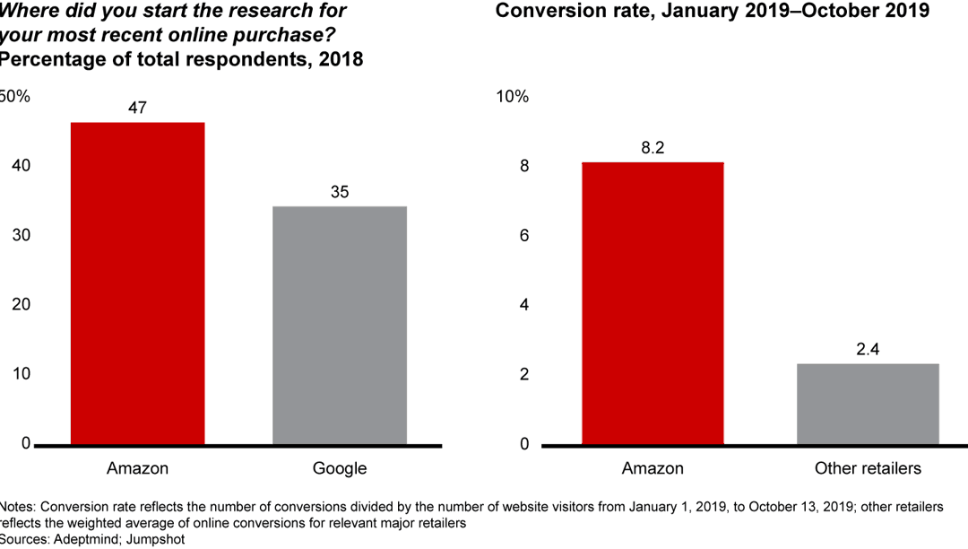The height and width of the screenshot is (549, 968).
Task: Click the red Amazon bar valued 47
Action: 137,283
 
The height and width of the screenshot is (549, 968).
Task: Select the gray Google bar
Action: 340,326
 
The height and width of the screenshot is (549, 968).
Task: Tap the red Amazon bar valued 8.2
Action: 652,303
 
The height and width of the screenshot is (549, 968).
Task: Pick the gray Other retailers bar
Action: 868,404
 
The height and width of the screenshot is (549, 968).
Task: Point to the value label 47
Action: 137,108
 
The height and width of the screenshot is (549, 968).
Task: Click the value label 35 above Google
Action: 340,192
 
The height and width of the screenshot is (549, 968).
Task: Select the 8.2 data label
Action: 652,148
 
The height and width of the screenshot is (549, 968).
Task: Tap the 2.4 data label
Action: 868,349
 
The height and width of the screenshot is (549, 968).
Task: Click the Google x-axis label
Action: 340,468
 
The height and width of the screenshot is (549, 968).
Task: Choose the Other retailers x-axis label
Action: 868,468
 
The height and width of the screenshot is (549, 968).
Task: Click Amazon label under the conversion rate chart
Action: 652,468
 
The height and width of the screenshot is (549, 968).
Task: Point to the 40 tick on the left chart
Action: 20,166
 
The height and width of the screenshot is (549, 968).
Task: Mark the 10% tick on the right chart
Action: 512,97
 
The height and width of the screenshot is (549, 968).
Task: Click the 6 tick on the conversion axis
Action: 524,236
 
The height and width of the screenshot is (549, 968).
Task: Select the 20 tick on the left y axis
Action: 20,305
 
